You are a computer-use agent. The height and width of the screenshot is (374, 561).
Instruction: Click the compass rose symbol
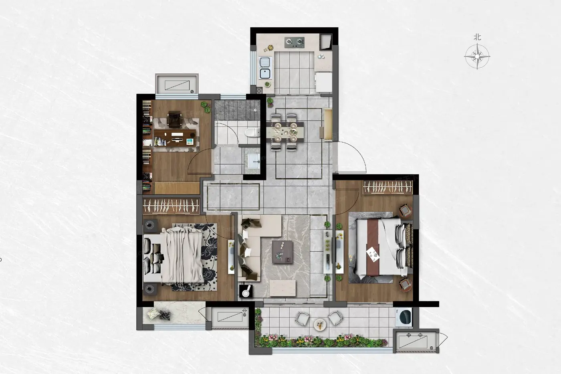click(477, 57)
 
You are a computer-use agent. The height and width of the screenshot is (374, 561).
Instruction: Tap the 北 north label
click(477, 37)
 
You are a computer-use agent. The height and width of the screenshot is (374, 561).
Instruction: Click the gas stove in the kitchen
click(294, 42)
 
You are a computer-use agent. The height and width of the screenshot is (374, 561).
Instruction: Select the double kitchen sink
click(265, 68)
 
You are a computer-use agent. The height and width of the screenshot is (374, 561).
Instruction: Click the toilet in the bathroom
click(252, 133)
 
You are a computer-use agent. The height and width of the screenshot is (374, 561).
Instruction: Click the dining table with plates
click(285, 132)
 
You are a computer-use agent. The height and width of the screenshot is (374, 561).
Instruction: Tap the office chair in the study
click(174, 119)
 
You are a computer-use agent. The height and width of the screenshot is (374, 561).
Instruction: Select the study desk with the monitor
click(175, 138)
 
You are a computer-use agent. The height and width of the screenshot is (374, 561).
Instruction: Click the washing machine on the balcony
click(404, 317)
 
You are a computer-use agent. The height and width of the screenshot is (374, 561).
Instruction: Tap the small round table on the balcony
click(320, 325)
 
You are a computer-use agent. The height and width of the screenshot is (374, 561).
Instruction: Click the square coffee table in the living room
click(283, 252)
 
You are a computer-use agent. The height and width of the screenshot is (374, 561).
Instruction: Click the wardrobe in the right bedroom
click(387, 187)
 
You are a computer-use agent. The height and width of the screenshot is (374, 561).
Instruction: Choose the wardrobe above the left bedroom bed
click(171, 206)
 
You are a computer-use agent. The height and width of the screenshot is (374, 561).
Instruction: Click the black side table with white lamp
click(246, 291)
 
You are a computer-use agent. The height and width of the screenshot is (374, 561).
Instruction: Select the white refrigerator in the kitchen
click(324, 82)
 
